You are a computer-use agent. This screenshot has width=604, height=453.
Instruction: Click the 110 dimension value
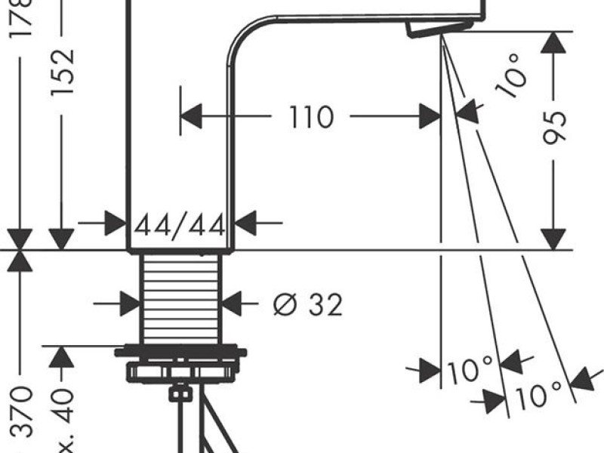tap(311, 117)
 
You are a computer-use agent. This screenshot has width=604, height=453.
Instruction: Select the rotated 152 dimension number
tap(63, 72)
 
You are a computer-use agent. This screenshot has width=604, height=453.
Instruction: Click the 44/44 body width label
tap(180, 224)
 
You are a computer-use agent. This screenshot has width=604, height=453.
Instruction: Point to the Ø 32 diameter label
tap(307, 304)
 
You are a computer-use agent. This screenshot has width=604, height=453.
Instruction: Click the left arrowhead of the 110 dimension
tap(192, 117)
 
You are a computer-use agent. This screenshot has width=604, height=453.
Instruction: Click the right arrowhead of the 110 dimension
tap(430, 117)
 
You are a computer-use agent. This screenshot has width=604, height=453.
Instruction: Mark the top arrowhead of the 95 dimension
tap(555, 42)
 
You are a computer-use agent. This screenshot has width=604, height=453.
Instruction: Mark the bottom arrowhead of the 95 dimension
tap(555, 238)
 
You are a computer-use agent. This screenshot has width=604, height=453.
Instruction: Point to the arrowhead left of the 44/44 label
tap(116, 223)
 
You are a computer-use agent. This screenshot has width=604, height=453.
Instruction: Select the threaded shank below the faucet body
tap(180, 298)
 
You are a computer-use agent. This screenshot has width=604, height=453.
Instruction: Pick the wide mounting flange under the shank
tap(180, 353)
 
